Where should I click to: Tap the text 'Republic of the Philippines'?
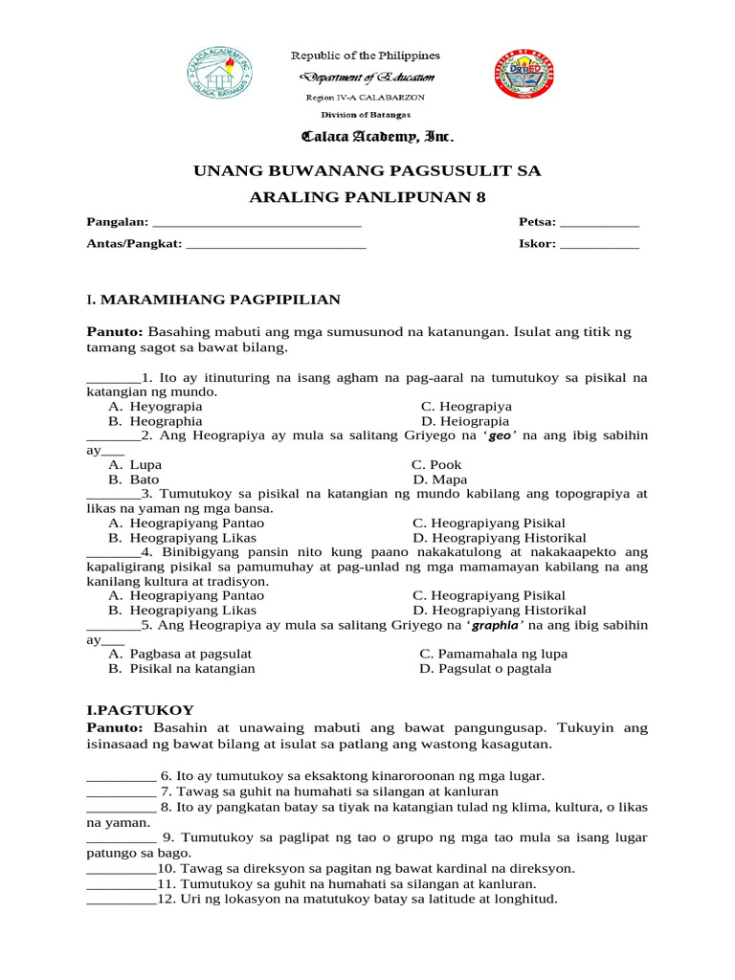(366, 56)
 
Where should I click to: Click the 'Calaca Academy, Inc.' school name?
(367, 137)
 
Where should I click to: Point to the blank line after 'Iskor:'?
(599, 244)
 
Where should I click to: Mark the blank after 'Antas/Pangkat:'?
(277, 244)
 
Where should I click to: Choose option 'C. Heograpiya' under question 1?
(466, 406)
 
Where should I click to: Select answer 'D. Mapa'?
(440, 479)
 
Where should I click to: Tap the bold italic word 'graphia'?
(495, 625)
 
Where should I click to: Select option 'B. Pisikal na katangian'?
(182, 668)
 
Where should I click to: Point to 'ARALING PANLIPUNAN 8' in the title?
(367, 198)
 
